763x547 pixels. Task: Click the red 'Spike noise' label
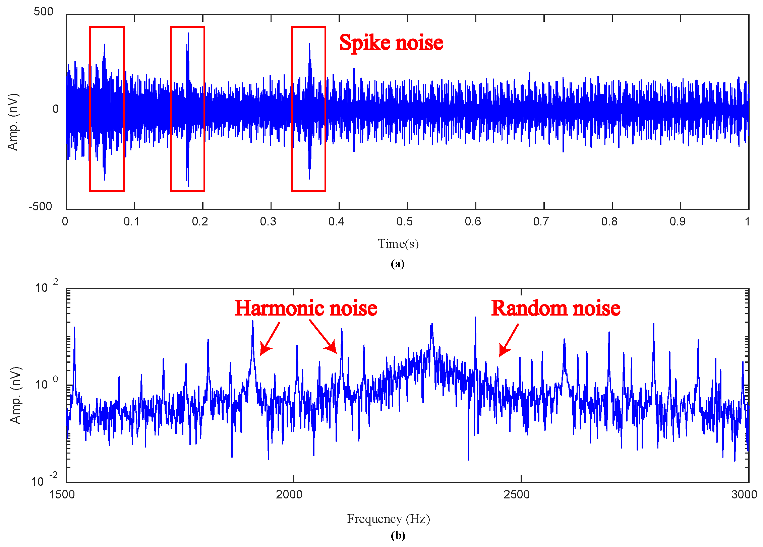point(391,43)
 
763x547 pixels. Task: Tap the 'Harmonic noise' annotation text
point(305,308)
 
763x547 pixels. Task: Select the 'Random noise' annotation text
point(555,308)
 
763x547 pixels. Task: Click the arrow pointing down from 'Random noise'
point(508,340)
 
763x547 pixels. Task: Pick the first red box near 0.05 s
point(107,109)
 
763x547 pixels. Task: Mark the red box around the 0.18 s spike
point(187,109)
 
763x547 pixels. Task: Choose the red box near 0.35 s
point(308,109)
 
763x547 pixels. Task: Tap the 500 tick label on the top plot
point(43,12)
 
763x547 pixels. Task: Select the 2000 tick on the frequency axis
point(289,494)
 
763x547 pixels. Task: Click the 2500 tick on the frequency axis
point(516,494)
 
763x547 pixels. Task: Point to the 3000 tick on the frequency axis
point(744,494)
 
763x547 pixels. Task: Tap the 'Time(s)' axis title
point(398,244)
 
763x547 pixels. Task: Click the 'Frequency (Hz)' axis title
point(389,519)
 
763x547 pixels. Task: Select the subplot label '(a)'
point(398,264)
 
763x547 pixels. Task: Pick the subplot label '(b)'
point(398,535)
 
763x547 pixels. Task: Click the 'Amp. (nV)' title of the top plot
point(13,122)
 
